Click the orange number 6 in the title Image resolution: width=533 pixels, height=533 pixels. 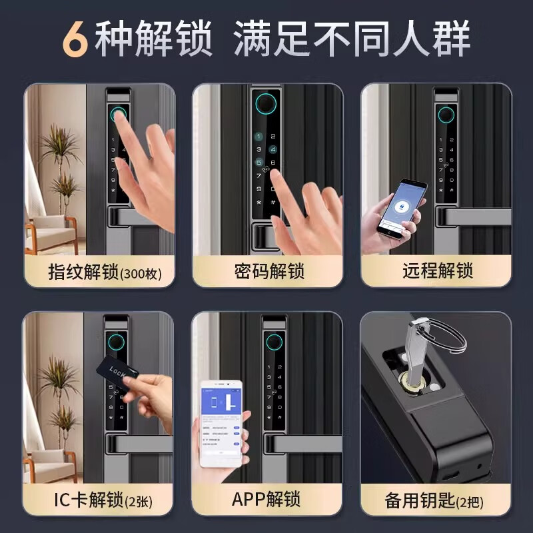coord(76,39)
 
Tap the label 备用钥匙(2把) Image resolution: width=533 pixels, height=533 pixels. coord(436,499)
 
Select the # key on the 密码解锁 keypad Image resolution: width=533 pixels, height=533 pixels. coord(272,202)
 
